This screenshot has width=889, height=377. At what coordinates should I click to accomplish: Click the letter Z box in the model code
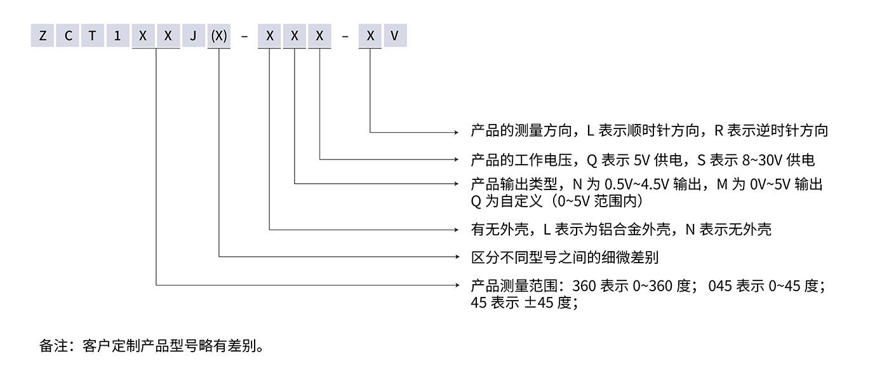click(x=43, y=36)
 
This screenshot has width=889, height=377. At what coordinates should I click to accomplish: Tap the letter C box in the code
click(x=67, y=36)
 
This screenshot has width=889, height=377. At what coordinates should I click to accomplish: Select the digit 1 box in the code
click(x=117, y=36)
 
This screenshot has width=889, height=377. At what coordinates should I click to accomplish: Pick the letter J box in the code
click(x=193, y=36)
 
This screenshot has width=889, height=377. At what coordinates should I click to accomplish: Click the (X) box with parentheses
click(x=218, y=36)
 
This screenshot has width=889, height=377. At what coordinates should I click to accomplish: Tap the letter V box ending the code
click(x=394, y=36)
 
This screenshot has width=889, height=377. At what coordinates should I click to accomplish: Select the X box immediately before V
click(x=370, y=36)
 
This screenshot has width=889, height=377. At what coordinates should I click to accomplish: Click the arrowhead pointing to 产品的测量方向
click(x=455, y=132)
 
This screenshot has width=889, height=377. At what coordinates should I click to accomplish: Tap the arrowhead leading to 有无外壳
click(x=455, y=229)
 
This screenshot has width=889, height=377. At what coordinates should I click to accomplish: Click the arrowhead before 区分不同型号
click(x=455, y=257)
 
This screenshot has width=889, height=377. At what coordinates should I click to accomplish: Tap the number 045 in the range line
click(x=720, y=285)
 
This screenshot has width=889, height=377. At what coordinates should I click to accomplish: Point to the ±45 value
click(x=538, y=303)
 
